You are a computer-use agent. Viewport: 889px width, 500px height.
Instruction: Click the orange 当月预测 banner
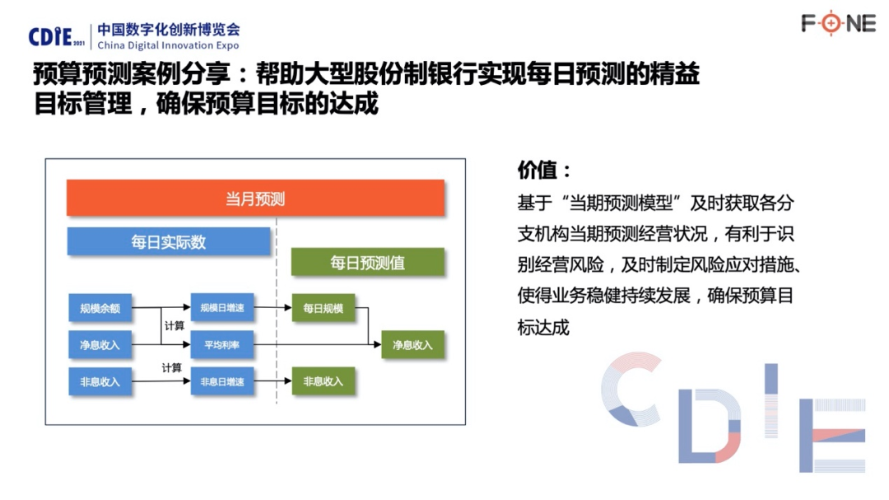(255, 198)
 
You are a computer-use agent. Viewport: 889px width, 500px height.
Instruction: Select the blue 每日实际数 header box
(169, 241)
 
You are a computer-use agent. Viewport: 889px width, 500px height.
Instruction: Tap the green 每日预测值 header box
(367, 262)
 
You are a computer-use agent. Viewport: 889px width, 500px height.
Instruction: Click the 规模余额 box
(100, 308)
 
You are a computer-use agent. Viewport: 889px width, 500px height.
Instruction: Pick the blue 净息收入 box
(100, 344)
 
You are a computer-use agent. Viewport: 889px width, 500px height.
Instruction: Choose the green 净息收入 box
(412, 344)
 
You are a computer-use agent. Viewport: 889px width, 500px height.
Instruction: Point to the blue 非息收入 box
(100, 381)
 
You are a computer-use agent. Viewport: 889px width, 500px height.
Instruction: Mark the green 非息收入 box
(323, 381)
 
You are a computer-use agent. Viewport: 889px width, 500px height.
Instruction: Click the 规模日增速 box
(221, 307)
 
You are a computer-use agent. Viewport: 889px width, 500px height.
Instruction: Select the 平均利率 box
(221, 344)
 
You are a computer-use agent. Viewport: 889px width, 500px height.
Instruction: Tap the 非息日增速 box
(221, 381)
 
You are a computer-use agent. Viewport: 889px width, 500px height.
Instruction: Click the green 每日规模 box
(323, 308)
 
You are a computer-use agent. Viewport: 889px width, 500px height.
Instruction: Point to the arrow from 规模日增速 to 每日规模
(272, 307)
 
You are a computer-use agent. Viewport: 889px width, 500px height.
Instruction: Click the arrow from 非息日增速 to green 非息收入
(272, 381)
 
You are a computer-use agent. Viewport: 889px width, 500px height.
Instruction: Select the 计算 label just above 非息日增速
(172, 367)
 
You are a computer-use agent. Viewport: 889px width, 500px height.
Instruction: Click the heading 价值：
(544, 170)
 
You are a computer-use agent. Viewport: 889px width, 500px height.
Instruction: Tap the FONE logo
(839, 23)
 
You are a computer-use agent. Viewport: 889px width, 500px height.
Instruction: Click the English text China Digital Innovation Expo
(169, 45)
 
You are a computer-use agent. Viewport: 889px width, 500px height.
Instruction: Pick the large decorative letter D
(710, 425)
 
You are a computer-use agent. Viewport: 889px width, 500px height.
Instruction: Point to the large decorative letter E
(831, 435)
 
